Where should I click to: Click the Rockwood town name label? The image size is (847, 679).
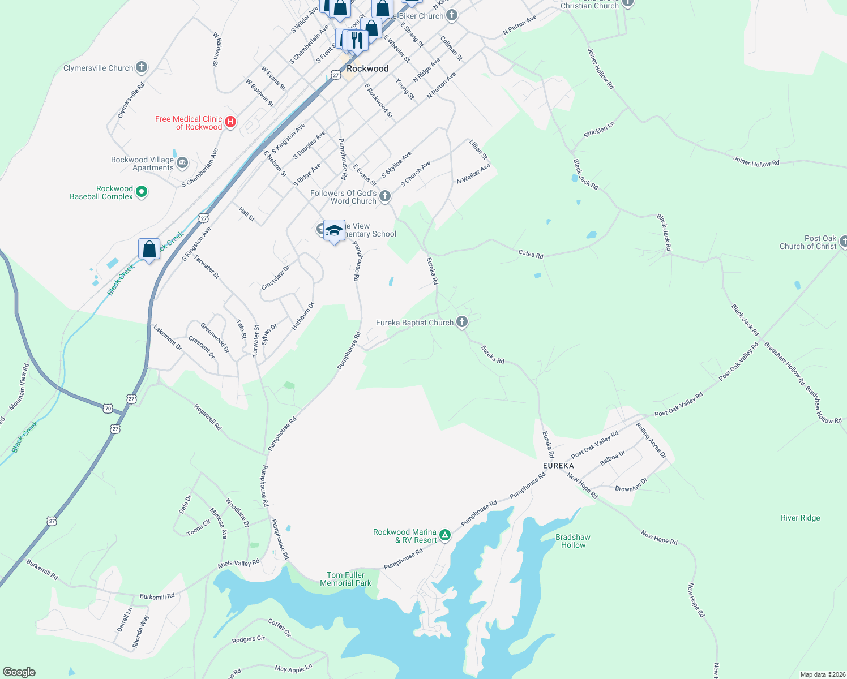[367, 68]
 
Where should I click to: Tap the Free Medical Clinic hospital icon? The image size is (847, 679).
[230, 122]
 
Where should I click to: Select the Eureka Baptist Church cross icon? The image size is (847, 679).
[462, 323]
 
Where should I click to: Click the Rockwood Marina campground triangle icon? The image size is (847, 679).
[445, 535]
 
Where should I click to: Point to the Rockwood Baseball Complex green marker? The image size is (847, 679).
[142, 192]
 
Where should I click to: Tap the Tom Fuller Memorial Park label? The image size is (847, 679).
[345, 579]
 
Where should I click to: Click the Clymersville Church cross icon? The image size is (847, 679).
[142, 68]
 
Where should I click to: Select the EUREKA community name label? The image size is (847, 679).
[558, 466]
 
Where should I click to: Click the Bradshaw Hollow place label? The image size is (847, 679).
[573, 541]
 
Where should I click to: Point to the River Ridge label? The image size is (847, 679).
[800, 518]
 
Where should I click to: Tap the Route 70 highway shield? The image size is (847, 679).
[108, 408]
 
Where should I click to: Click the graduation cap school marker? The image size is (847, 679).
[334, 230]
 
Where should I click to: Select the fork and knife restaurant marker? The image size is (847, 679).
[357, 39]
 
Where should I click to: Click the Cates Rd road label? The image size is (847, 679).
[531, 254]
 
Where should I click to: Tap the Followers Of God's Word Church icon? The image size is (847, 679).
[385, 196]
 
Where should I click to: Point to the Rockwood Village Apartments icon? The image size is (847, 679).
[182, 164]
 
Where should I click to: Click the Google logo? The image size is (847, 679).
[19, 672]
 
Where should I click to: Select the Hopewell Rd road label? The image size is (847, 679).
[207, 417]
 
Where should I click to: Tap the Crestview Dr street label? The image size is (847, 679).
[275, 278]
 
